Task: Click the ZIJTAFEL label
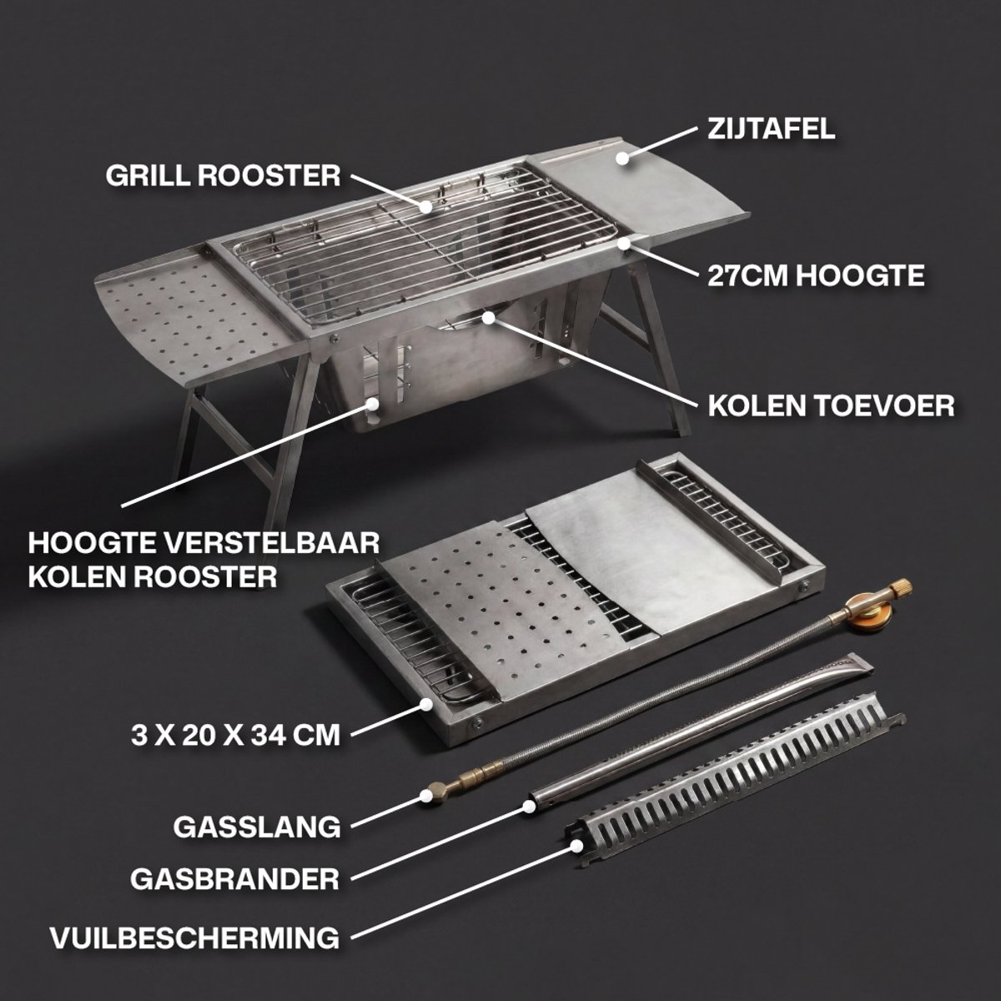point(771,128)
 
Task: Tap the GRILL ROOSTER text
point(223,175)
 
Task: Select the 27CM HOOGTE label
point(816,275)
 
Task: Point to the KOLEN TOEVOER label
point(831,405)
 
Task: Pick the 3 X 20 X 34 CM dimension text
point(235,735)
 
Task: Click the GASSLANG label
point(257,827)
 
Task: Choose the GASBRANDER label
point(234,879)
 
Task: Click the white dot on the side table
point(623,158)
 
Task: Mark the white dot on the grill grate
point(426,206)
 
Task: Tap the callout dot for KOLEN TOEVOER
point(488,317)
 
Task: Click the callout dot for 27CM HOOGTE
point(624,242)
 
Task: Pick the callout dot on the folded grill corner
point(426,704)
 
